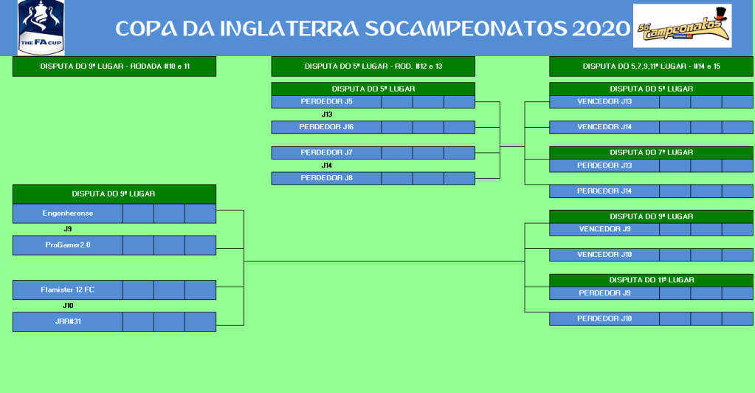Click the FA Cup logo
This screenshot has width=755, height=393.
[41, 27]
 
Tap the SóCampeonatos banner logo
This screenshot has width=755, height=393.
[682, 26]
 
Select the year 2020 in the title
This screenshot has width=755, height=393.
[601, 29]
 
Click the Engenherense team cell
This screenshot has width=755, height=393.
[68, 213]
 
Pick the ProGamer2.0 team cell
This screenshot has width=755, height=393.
[68, 245]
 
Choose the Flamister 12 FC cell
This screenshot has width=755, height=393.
[68, 290]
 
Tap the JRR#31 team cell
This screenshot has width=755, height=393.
[68, 321]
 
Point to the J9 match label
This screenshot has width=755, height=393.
[68, 229]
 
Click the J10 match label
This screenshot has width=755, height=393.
[68, 306]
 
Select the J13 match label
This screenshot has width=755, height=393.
[327, 115]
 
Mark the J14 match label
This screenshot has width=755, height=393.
[327, 165]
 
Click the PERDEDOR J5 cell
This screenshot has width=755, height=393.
[326, 102]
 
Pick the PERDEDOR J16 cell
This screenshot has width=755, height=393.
[326, 127]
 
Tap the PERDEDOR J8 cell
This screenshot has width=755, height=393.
[326, 179]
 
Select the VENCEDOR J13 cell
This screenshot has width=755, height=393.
[604, 102]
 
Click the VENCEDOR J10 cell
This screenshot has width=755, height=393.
[604, 255]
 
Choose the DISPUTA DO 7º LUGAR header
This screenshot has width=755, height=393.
[652, 153]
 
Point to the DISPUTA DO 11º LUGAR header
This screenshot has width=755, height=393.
[652, 280]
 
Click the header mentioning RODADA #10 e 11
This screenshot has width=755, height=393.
[114, 66]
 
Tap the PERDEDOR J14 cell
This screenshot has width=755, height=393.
[604, 191]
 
